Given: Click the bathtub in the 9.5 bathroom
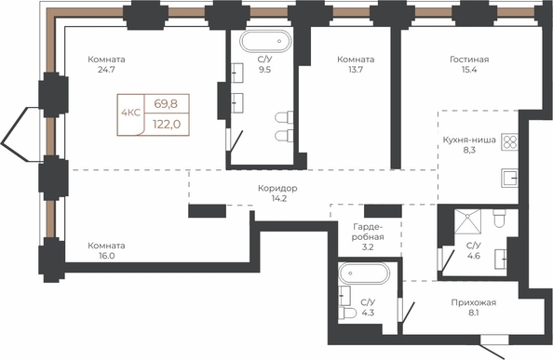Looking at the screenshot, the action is pyautogui.click(x=265, y=41).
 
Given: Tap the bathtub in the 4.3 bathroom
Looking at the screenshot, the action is pyautogui.click(x=364, y=273).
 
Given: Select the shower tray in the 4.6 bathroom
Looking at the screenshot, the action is pyautogui.click(x=467, y=221).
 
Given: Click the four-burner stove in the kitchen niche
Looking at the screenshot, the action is pyautogui.click(x=509, y=142).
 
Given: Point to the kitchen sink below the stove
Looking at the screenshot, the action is pyautogui.click(x=509, y=178).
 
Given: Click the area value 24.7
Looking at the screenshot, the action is pyautogui.click(x=106, y=70).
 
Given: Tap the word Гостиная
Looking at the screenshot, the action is pyautogui.click(x=469, y=60).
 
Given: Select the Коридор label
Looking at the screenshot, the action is pyautogui.click(x=277, y=188).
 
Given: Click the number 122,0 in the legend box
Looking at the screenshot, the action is pyautogui.click(x=167, y=124).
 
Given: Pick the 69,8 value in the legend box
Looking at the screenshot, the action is pyautogui.click(x=166, y=104).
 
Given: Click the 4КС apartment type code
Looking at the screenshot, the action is pyautogui.click(x=131, y=113).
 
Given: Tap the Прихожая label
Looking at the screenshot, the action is pyautogui.click(x=474, y=302).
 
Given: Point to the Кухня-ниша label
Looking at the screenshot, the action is pyautogui.click(x=469, y=140).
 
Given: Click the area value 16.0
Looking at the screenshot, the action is pyautogui.click(x=106, y=256).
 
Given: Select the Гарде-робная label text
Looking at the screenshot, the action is pyautogui.click(x=368, y=232).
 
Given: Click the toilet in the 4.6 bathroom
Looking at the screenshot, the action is pyautogui.click(x=499, y=219).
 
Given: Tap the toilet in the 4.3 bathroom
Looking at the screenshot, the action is pyautogui.click(x=347, y=313).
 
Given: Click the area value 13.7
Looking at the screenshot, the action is pyautogui.click(x=356, y=70).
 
